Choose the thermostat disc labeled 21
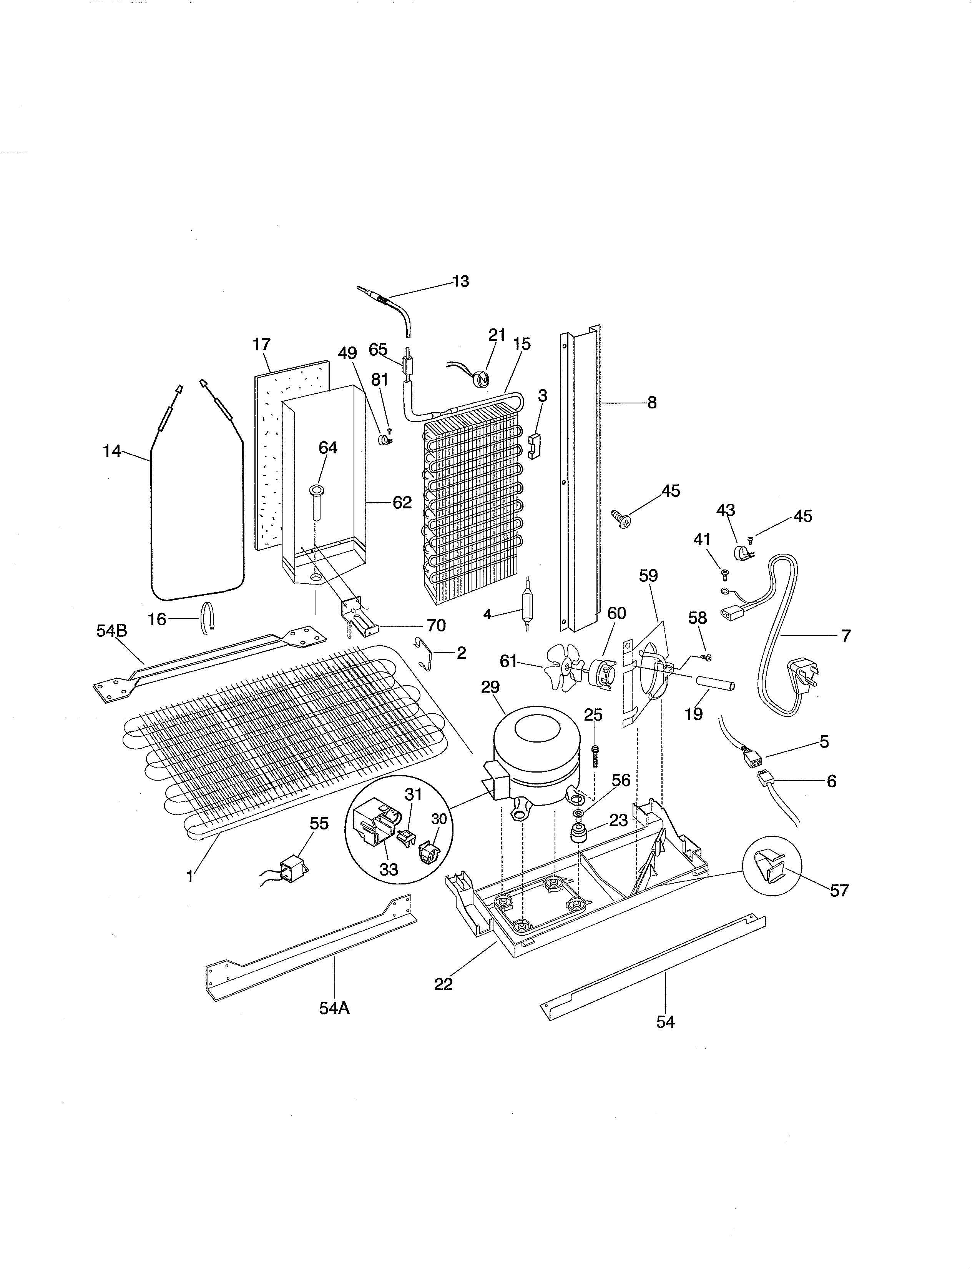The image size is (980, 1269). (x=482, y=380)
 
